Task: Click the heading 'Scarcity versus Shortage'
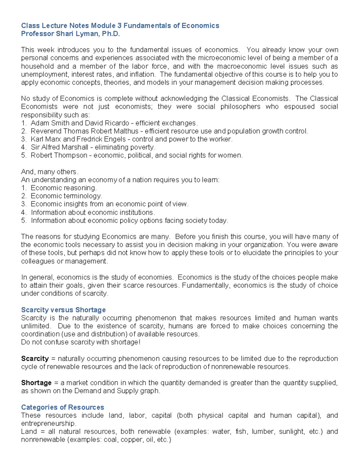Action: pos(63,310)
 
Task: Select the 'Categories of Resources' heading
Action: pos(62,407)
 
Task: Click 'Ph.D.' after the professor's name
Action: pos(111,34)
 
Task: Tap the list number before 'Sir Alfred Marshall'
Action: pos(24,147)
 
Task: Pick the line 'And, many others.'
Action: pos(49,172)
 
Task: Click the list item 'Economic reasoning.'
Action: pos(64,188)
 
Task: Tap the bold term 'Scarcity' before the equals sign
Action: pos(35,359)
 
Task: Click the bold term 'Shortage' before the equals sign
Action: pos(36,383)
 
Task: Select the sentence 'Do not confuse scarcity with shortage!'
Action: pos(80,342)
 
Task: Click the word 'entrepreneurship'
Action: pos(48,423)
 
